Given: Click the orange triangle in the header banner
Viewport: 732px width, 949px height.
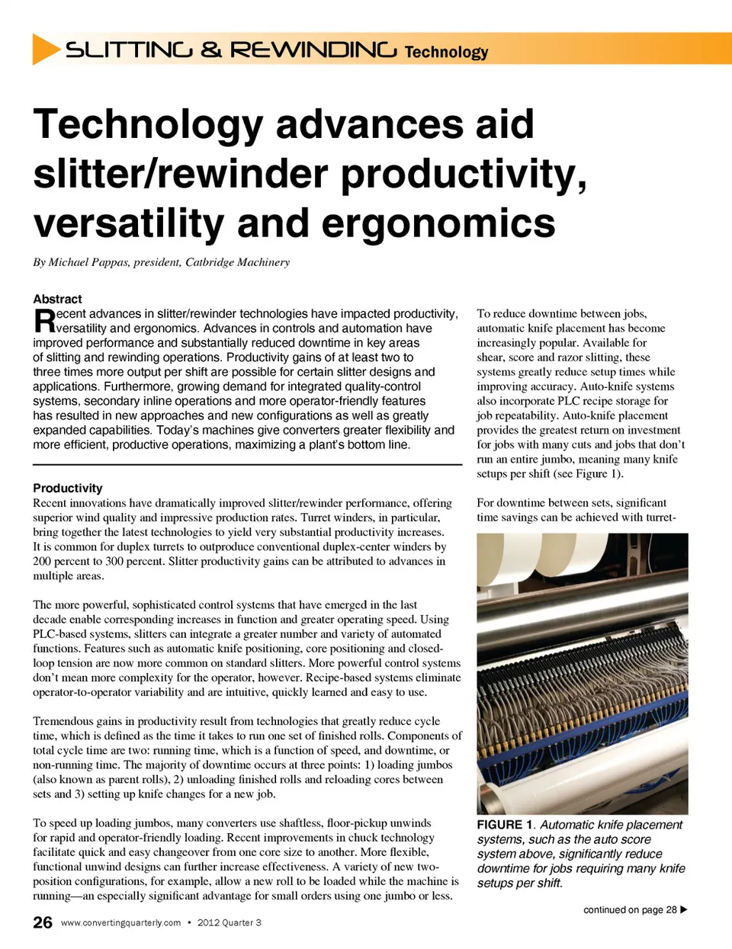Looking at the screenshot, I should coord(45,49).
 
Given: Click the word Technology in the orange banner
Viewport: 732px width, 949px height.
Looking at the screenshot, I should coord(446,52).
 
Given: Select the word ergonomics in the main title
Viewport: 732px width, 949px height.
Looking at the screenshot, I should coord(438,223).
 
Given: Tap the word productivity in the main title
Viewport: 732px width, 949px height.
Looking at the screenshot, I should coord(463,174).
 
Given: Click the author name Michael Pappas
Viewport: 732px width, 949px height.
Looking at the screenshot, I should coord(88,262).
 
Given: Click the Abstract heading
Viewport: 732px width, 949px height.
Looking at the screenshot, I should coord(57,299).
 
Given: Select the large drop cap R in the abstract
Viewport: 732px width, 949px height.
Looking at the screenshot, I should coord(44,321).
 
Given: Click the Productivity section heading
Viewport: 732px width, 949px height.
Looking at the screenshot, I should coord(67,488).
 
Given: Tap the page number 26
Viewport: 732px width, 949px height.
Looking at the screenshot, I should coord(43,922).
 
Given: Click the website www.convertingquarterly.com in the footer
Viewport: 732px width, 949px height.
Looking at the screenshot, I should coord(120,922).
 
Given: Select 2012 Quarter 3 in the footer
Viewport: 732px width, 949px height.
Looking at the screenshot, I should coord(229,922).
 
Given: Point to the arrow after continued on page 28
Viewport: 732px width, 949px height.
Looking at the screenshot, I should coord(683,909).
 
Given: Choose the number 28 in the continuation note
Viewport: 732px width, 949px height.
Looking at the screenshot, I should coord(671,909).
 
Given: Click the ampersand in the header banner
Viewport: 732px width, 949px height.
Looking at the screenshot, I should coord(211,50).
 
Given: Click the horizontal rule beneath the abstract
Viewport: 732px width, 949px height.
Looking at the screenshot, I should coord(247,464).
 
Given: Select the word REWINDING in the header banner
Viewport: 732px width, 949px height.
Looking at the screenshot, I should coord(313,50).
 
